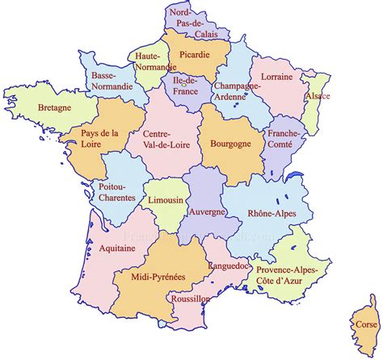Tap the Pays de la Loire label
pyautogui.click(x=99, y=139)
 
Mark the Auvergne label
pyautogui.click(x=207, y=211)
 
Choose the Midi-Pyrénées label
pyautogui.click(x=159, y=276)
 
